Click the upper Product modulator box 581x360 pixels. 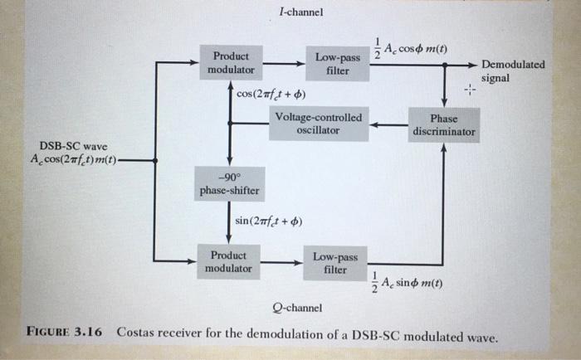pos(231,63)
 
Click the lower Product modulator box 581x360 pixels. pos(228,261)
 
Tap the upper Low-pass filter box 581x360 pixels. pos(337,64)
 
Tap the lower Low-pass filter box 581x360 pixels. pos(335,263)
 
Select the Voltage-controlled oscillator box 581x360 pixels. pos(318,124)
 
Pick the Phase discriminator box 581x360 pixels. pos(444,125)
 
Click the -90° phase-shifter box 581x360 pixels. pos(229,184)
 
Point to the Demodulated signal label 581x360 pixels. pos(513,71)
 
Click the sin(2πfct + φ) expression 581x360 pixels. pos(269,221)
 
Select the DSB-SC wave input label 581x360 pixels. pos(76,152)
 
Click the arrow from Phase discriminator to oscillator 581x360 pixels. pos(388,125)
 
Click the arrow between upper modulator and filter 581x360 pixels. pos(283,62)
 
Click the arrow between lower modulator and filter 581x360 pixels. pos(281,263)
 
